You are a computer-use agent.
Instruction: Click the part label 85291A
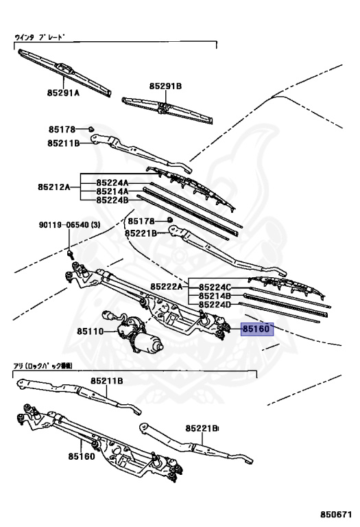tap(63, 93)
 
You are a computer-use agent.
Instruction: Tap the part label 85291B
tap(165, 86)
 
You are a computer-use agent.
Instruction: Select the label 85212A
tap(53, 187)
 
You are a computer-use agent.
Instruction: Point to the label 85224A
tap(112, 183)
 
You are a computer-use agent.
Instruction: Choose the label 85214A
tap(112, 191)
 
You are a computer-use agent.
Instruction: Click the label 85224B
tap(112, 200)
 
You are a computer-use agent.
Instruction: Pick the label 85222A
tap(167, 287)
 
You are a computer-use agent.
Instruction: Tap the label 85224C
tap(215, 288)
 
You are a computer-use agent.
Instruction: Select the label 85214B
tap(215, 296)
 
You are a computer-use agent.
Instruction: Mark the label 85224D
tap(215, 305)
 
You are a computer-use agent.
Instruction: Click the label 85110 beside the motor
tap(91, 331)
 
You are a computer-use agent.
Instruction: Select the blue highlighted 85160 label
tap(257, 329)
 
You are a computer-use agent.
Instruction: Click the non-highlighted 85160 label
tap(82, 456)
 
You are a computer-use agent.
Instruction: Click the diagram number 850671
tap(335, 515)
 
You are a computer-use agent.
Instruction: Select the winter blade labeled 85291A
tap(64, 72)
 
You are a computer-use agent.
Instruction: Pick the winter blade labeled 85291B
tap(167, 110)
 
